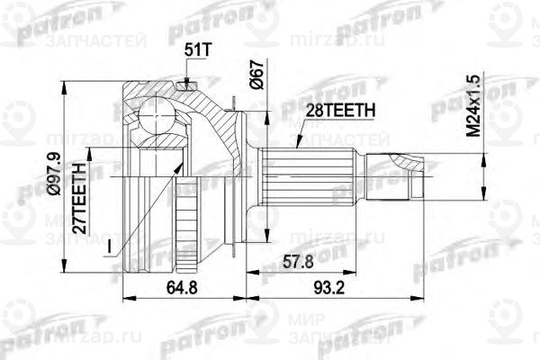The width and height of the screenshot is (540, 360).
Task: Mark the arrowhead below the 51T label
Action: click(188, 84)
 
